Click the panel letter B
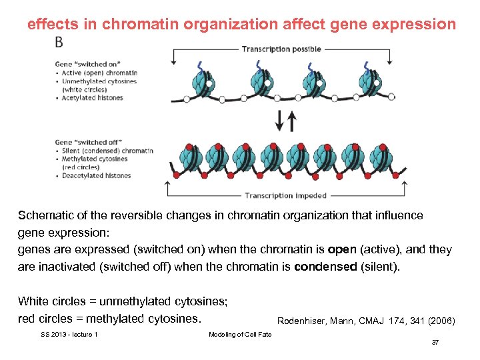click(x=60, y=42)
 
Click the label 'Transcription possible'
click(x=281, y=49)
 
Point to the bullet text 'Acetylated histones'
click(x=92, y=97)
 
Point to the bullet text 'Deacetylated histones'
click(x=96, y=176)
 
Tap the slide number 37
click(x=435, y=342)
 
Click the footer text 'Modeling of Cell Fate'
click(x=240, y=334)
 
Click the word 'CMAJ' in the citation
click(x=371, y=321)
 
